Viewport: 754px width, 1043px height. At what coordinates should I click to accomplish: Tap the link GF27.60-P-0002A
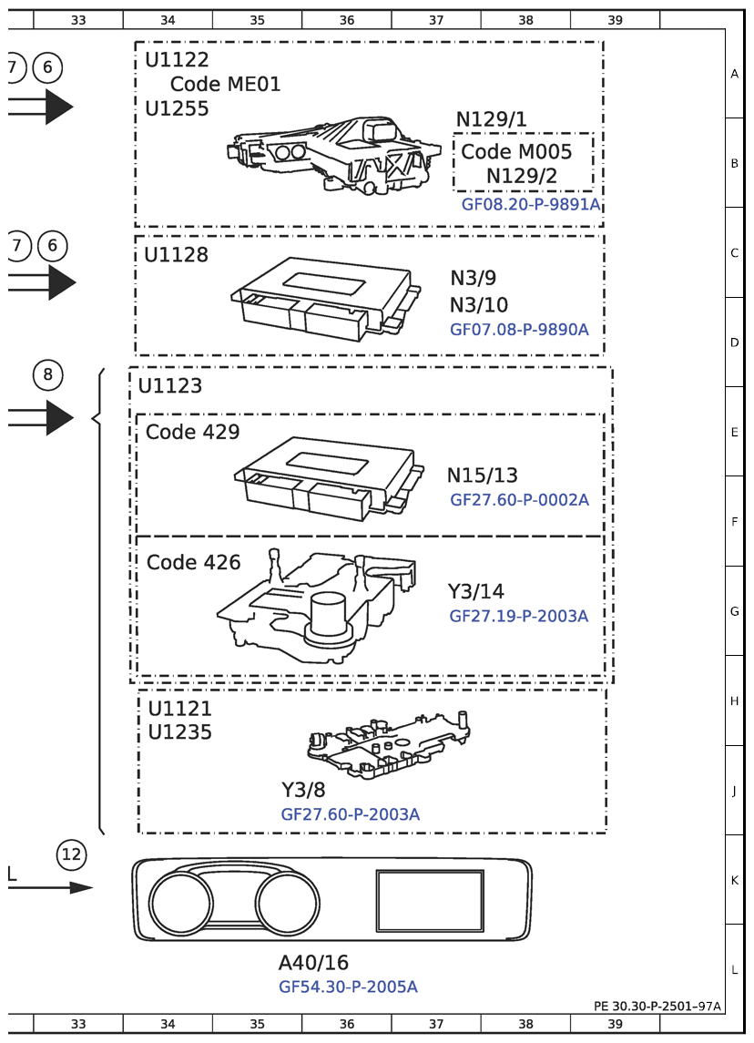519,500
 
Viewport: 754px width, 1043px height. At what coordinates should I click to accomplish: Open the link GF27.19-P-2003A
518,617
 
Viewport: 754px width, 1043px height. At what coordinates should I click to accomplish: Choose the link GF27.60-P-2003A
351,814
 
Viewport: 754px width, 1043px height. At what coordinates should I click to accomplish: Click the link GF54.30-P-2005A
348,987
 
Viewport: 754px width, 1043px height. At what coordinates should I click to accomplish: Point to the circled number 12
72,854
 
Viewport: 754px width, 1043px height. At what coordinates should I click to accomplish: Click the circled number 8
48,373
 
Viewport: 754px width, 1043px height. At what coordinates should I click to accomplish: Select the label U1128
176,255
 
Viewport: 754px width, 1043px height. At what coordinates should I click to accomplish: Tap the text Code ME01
225,85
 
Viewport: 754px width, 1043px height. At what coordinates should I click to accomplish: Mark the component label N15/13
482,475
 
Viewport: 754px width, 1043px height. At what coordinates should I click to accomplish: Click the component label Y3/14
475,592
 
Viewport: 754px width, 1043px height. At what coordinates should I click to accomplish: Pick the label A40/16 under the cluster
313,963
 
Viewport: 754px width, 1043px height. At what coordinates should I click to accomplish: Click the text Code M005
516,152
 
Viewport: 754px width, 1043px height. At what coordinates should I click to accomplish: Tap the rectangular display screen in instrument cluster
430,900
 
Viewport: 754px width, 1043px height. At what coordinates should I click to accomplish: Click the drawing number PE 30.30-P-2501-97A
657,1007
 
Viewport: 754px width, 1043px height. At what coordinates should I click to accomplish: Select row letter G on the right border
734,611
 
